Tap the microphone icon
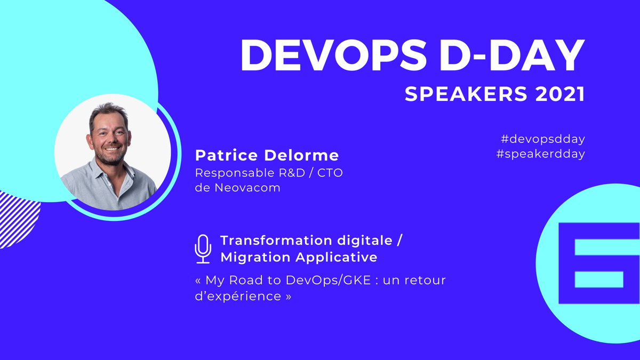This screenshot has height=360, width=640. pos(203,249)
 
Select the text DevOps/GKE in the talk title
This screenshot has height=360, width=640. pos(314,281)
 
